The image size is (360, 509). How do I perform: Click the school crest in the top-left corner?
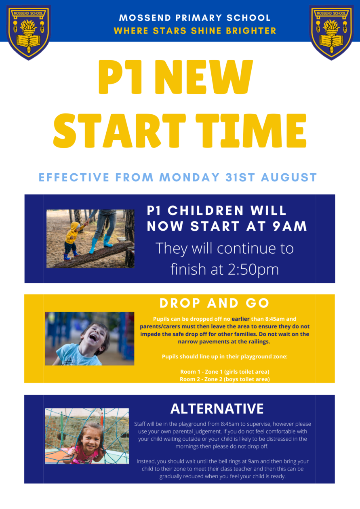[28, 32]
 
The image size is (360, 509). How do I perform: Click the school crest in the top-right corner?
[331, 32]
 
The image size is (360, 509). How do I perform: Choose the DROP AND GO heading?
[214, 303]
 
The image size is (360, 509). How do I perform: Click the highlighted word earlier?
[240, 319]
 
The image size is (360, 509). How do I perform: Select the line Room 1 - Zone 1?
[224, 372]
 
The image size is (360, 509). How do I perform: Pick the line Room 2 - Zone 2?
[224, 379]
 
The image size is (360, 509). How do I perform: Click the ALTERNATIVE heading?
[217, 409]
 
